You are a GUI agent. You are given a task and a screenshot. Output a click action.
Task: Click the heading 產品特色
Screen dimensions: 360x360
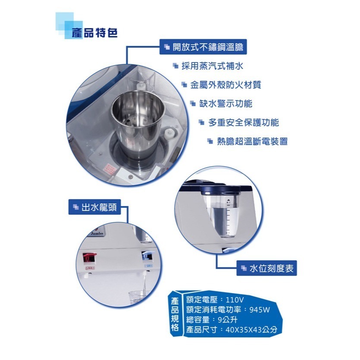point(95,33)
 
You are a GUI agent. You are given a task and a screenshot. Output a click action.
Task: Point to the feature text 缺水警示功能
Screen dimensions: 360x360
point(226,103)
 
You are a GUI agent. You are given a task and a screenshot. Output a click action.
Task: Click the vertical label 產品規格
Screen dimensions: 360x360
point(175,315)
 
